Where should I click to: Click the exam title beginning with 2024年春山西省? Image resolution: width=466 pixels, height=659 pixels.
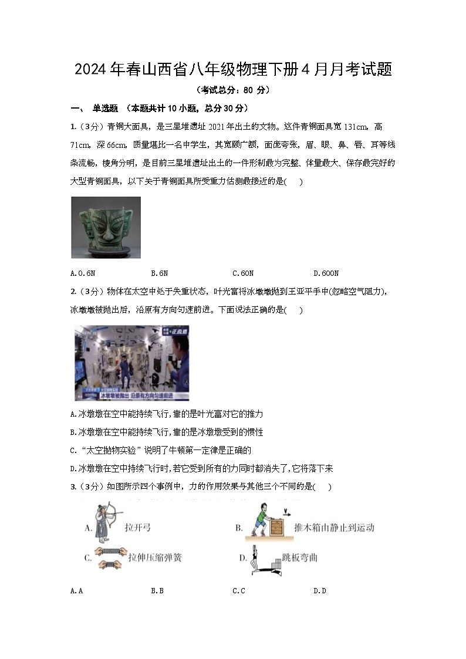tap(233, 70)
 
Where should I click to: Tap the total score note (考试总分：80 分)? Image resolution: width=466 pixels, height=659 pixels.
tap(233, 90)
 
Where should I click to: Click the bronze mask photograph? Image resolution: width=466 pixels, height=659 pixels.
tap(106, 228)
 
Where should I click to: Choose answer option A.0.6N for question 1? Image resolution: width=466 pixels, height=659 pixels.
tap(82, 273)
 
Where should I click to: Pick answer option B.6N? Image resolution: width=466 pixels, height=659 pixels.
tap(160, 273)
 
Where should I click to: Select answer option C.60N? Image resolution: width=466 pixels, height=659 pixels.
tap(243, 273)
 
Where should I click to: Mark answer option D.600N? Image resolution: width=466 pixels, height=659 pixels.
tap(326, 273)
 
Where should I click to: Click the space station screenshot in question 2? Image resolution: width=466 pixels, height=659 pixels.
tap(124, 363)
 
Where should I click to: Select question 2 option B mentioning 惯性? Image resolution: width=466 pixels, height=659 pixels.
tap(167, 432)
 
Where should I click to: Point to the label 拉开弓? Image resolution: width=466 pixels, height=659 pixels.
tap(138, 528)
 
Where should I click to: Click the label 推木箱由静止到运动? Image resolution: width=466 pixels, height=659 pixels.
tap(333, 528)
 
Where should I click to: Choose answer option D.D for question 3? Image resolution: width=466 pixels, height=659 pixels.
tap(319, 591)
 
